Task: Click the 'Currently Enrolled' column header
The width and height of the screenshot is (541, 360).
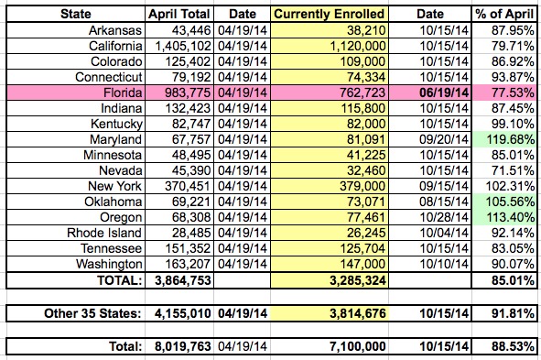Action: (329, 14)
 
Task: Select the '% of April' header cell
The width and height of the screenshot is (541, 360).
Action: (504, 14)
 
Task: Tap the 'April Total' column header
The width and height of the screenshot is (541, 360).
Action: (179, 14)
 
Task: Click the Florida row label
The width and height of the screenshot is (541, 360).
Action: (123, 93)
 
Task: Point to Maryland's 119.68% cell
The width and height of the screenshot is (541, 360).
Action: (510, 139)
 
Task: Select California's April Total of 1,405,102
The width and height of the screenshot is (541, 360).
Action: (183, 46)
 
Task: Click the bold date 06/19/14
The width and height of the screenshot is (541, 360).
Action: (444, 93)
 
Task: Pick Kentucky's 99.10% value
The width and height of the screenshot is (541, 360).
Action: (513, 124)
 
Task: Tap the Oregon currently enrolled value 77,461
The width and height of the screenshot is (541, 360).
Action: (366, 217)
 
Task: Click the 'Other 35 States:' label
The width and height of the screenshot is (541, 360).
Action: (92, 313)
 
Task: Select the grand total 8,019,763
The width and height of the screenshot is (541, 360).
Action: (182, 346)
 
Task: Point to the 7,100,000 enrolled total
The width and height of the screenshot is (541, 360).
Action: (357, 346)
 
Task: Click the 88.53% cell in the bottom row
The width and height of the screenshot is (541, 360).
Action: (513, 346)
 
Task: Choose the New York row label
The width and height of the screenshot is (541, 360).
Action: (114, 186)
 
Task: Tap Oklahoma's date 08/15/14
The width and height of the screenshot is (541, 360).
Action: (444, 202)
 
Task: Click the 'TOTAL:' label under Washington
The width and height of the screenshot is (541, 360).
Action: (119, 280)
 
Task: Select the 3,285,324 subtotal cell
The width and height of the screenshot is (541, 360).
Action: (357, 280)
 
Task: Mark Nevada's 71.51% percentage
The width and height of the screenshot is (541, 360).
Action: (513, 171)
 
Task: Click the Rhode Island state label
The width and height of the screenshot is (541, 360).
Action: (104, 233)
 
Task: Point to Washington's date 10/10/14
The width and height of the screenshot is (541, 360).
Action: (444, 264)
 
